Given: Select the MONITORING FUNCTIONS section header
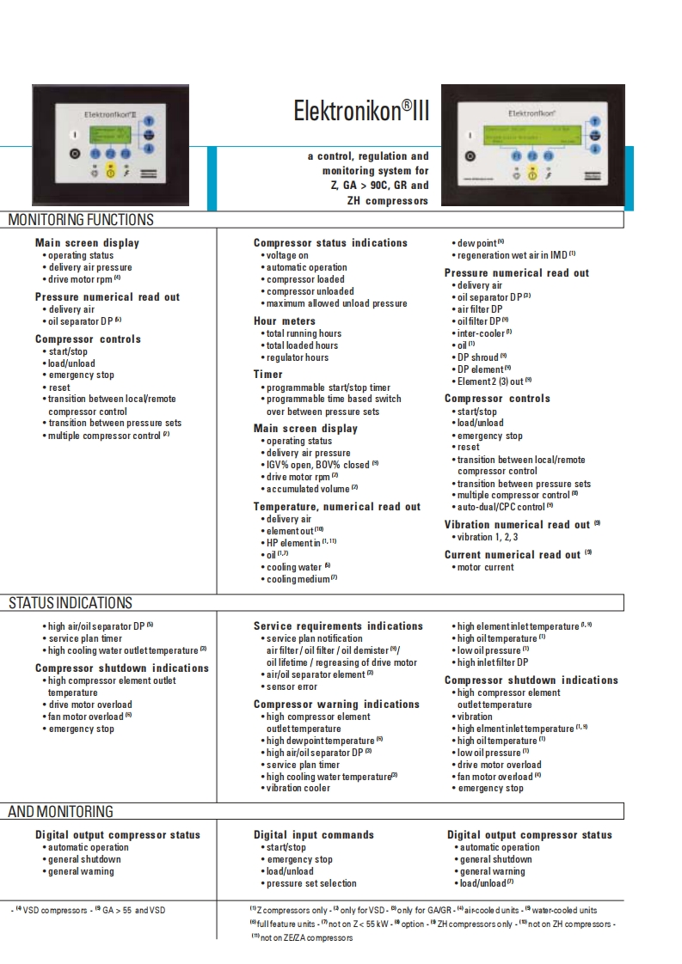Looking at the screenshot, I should click(x=81, y=220).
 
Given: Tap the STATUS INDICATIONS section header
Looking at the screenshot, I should click(x=71, y=603).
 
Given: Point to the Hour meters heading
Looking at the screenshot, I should click(x=285, y=321).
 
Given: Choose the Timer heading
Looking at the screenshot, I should click(x=267, y=375).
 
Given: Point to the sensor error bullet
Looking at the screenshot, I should click(x=292, y=686).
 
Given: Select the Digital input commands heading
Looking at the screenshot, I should click(x=313, y=834).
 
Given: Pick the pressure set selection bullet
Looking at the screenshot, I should click(x=310, y=883).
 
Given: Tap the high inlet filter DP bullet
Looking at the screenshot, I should click(x=492, y=662).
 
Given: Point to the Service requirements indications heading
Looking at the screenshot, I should click(x=338, y=626).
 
